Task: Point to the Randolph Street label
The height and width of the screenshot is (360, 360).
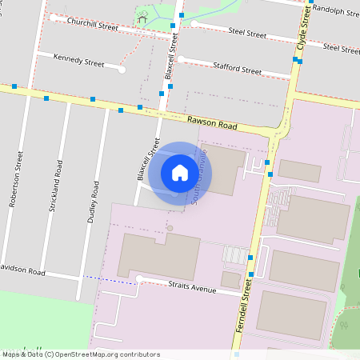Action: (334, 11)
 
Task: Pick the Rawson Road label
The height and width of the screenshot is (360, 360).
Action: (213, 123)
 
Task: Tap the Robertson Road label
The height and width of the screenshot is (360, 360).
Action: (14, 185)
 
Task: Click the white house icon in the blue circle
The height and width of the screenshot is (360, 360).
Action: (180, 172)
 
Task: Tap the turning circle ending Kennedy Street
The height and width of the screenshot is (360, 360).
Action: (122, 70)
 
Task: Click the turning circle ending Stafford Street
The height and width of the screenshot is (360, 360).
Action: (182, 58)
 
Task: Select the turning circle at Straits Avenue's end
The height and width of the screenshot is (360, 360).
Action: (139, 278)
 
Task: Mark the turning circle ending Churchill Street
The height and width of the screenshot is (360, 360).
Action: (52, 17)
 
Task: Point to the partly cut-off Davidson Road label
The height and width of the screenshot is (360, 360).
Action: (22, 270)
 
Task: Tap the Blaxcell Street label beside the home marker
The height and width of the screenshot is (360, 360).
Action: (146, 158)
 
